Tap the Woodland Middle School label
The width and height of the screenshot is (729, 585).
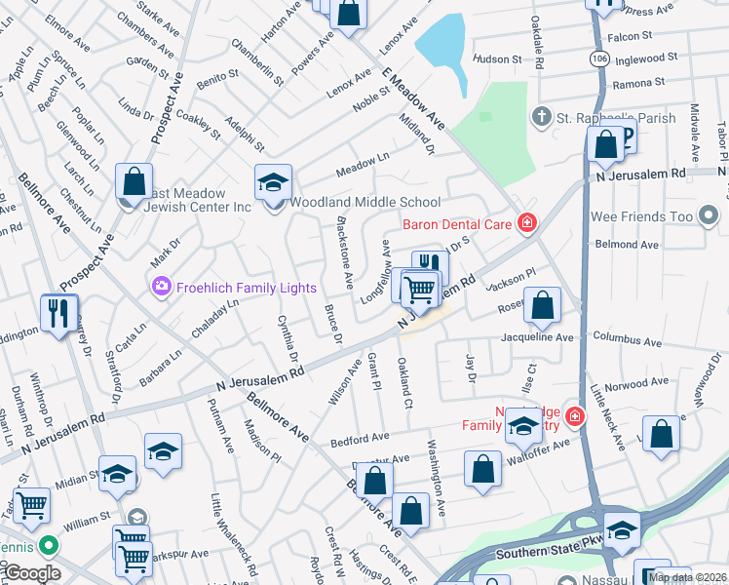(366, 202)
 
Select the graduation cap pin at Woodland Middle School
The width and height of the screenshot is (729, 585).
(274, 182)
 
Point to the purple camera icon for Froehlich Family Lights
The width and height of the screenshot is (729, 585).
(160, 287)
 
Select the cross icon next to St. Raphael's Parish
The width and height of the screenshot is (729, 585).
(542, 118)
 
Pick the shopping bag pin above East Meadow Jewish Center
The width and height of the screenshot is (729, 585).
(134, 181)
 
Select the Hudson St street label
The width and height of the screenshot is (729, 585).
(499, 58)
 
